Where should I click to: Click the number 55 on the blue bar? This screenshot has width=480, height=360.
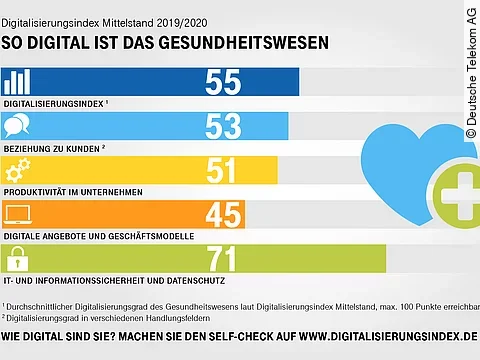[229, 82]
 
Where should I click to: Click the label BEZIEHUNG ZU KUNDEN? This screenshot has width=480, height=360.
[55, 147]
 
